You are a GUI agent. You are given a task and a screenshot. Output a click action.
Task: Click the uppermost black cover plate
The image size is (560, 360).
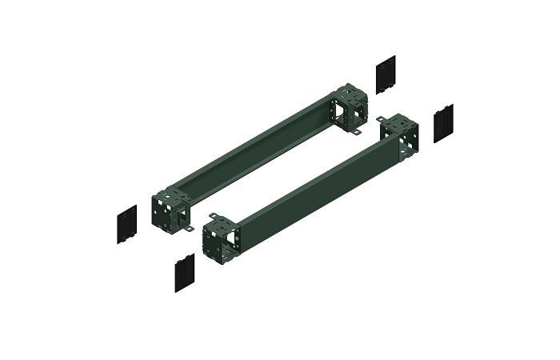point(386,74)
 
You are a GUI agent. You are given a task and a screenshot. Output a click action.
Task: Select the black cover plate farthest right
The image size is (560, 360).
point(443,123)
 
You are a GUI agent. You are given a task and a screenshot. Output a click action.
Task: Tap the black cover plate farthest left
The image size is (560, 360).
point(127,225)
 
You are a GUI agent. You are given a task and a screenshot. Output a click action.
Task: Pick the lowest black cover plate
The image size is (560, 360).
point(186,273)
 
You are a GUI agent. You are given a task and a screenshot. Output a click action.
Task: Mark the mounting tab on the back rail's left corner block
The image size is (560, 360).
point(190,231)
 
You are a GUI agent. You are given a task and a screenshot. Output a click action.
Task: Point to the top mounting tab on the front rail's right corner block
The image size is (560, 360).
point(381,119)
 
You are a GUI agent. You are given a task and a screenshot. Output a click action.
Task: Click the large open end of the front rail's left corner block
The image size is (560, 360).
point(232,240)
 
